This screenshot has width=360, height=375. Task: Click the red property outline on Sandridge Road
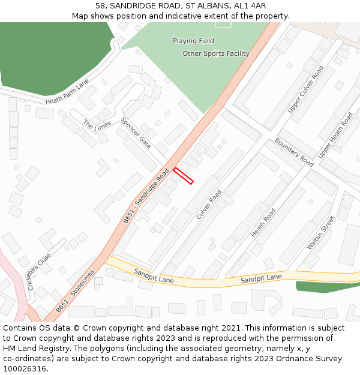[183, 176]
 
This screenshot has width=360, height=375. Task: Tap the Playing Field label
[193, 41]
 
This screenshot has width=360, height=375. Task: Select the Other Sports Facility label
[216, 54]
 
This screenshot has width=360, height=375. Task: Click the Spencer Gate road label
[136, 133]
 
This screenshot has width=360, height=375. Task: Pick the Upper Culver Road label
[305, 89]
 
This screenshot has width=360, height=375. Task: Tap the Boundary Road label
[294, 152]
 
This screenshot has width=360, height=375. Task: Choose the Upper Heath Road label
[335, 136]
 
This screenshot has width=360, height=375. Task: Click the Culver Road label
[209, 204]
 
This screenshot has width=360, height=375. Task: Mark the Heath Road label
[263, 223]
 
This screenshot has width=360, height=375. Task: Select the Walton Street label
[320, 233]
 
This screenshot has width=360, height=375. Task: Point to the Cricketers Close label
[40, 271]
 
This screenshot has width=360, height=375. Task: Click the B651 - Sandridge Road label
[146, 196]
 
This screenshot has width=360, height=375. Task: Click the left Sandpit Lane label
[154, 275]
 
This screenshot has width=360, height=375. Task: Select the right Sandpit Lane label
[261, 278]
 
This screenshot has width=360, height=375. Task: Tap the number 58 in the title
[100, 5]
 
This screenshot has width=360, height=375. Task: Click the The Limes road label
[97, 128]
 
